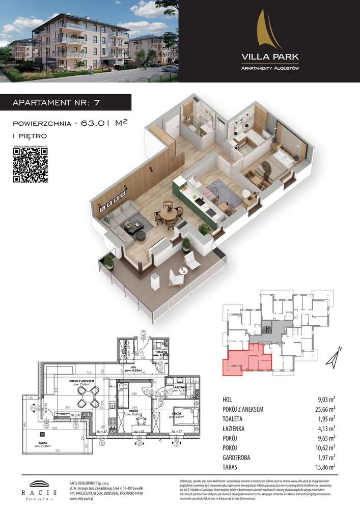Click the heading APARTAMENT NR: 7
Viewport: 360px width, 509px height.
click(56, 102)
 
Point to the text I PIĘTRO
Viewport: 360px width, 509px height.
click(29, 136)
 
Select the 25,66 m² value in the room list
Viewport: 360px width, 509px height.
click(325, 409)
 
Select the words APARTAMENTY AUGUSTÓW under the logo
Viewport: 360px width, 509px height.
click(269, 68)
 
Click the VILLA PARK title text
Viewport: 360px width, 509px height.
click(269, 56)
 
